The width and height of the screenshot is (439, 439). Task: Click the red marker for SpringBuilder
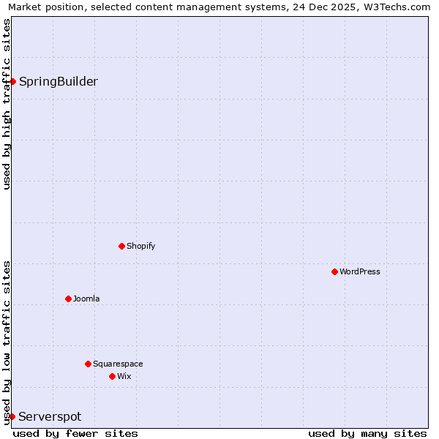click(x=12, y=81)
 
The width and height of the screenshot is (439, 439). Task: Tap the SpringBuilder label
click(x=58, y=81)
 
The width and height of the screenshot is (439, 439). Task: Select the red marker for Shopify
click(x=121, y=246)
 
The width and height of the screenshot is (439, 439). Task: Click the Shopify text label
click(x=140, y=246)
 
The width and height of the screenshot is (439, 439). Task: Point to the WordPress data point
click(x=334, y=271)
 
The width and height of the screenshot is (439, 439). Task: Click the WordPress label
click(x=359, y=271)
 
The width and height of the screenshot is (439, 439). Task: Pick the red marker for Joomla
click(x=68, y=299)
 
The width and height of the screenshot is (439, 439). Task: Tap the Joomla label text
click(x=86, y=299)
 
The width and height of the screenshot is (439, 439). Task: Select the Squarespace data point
click(x=88, y=364)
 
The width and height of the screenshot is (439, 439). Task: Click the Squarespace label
click(x=117, y=364)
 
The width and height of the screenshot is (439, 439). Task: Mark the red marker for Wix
click(x=112, y=376)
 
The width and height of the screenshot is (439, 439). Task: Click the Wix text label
click(x=124, y=376)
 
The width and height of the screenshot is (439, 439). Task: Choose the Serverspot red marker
click(x=12, y=416)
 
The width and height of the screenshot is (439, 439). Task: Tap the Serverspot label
click(x=50, y=416)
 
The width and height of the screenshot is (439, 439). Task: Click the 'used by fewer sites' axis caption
click(x=75, y=433)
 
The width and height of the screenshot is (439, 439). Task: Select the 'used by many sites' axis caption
click(x=367, y=433)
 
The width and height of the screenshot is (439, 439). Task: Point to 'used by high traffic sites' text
click(x=7, y=104)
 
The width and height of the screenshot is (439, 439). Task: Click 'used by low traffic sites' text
click(x=7, y=342)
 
